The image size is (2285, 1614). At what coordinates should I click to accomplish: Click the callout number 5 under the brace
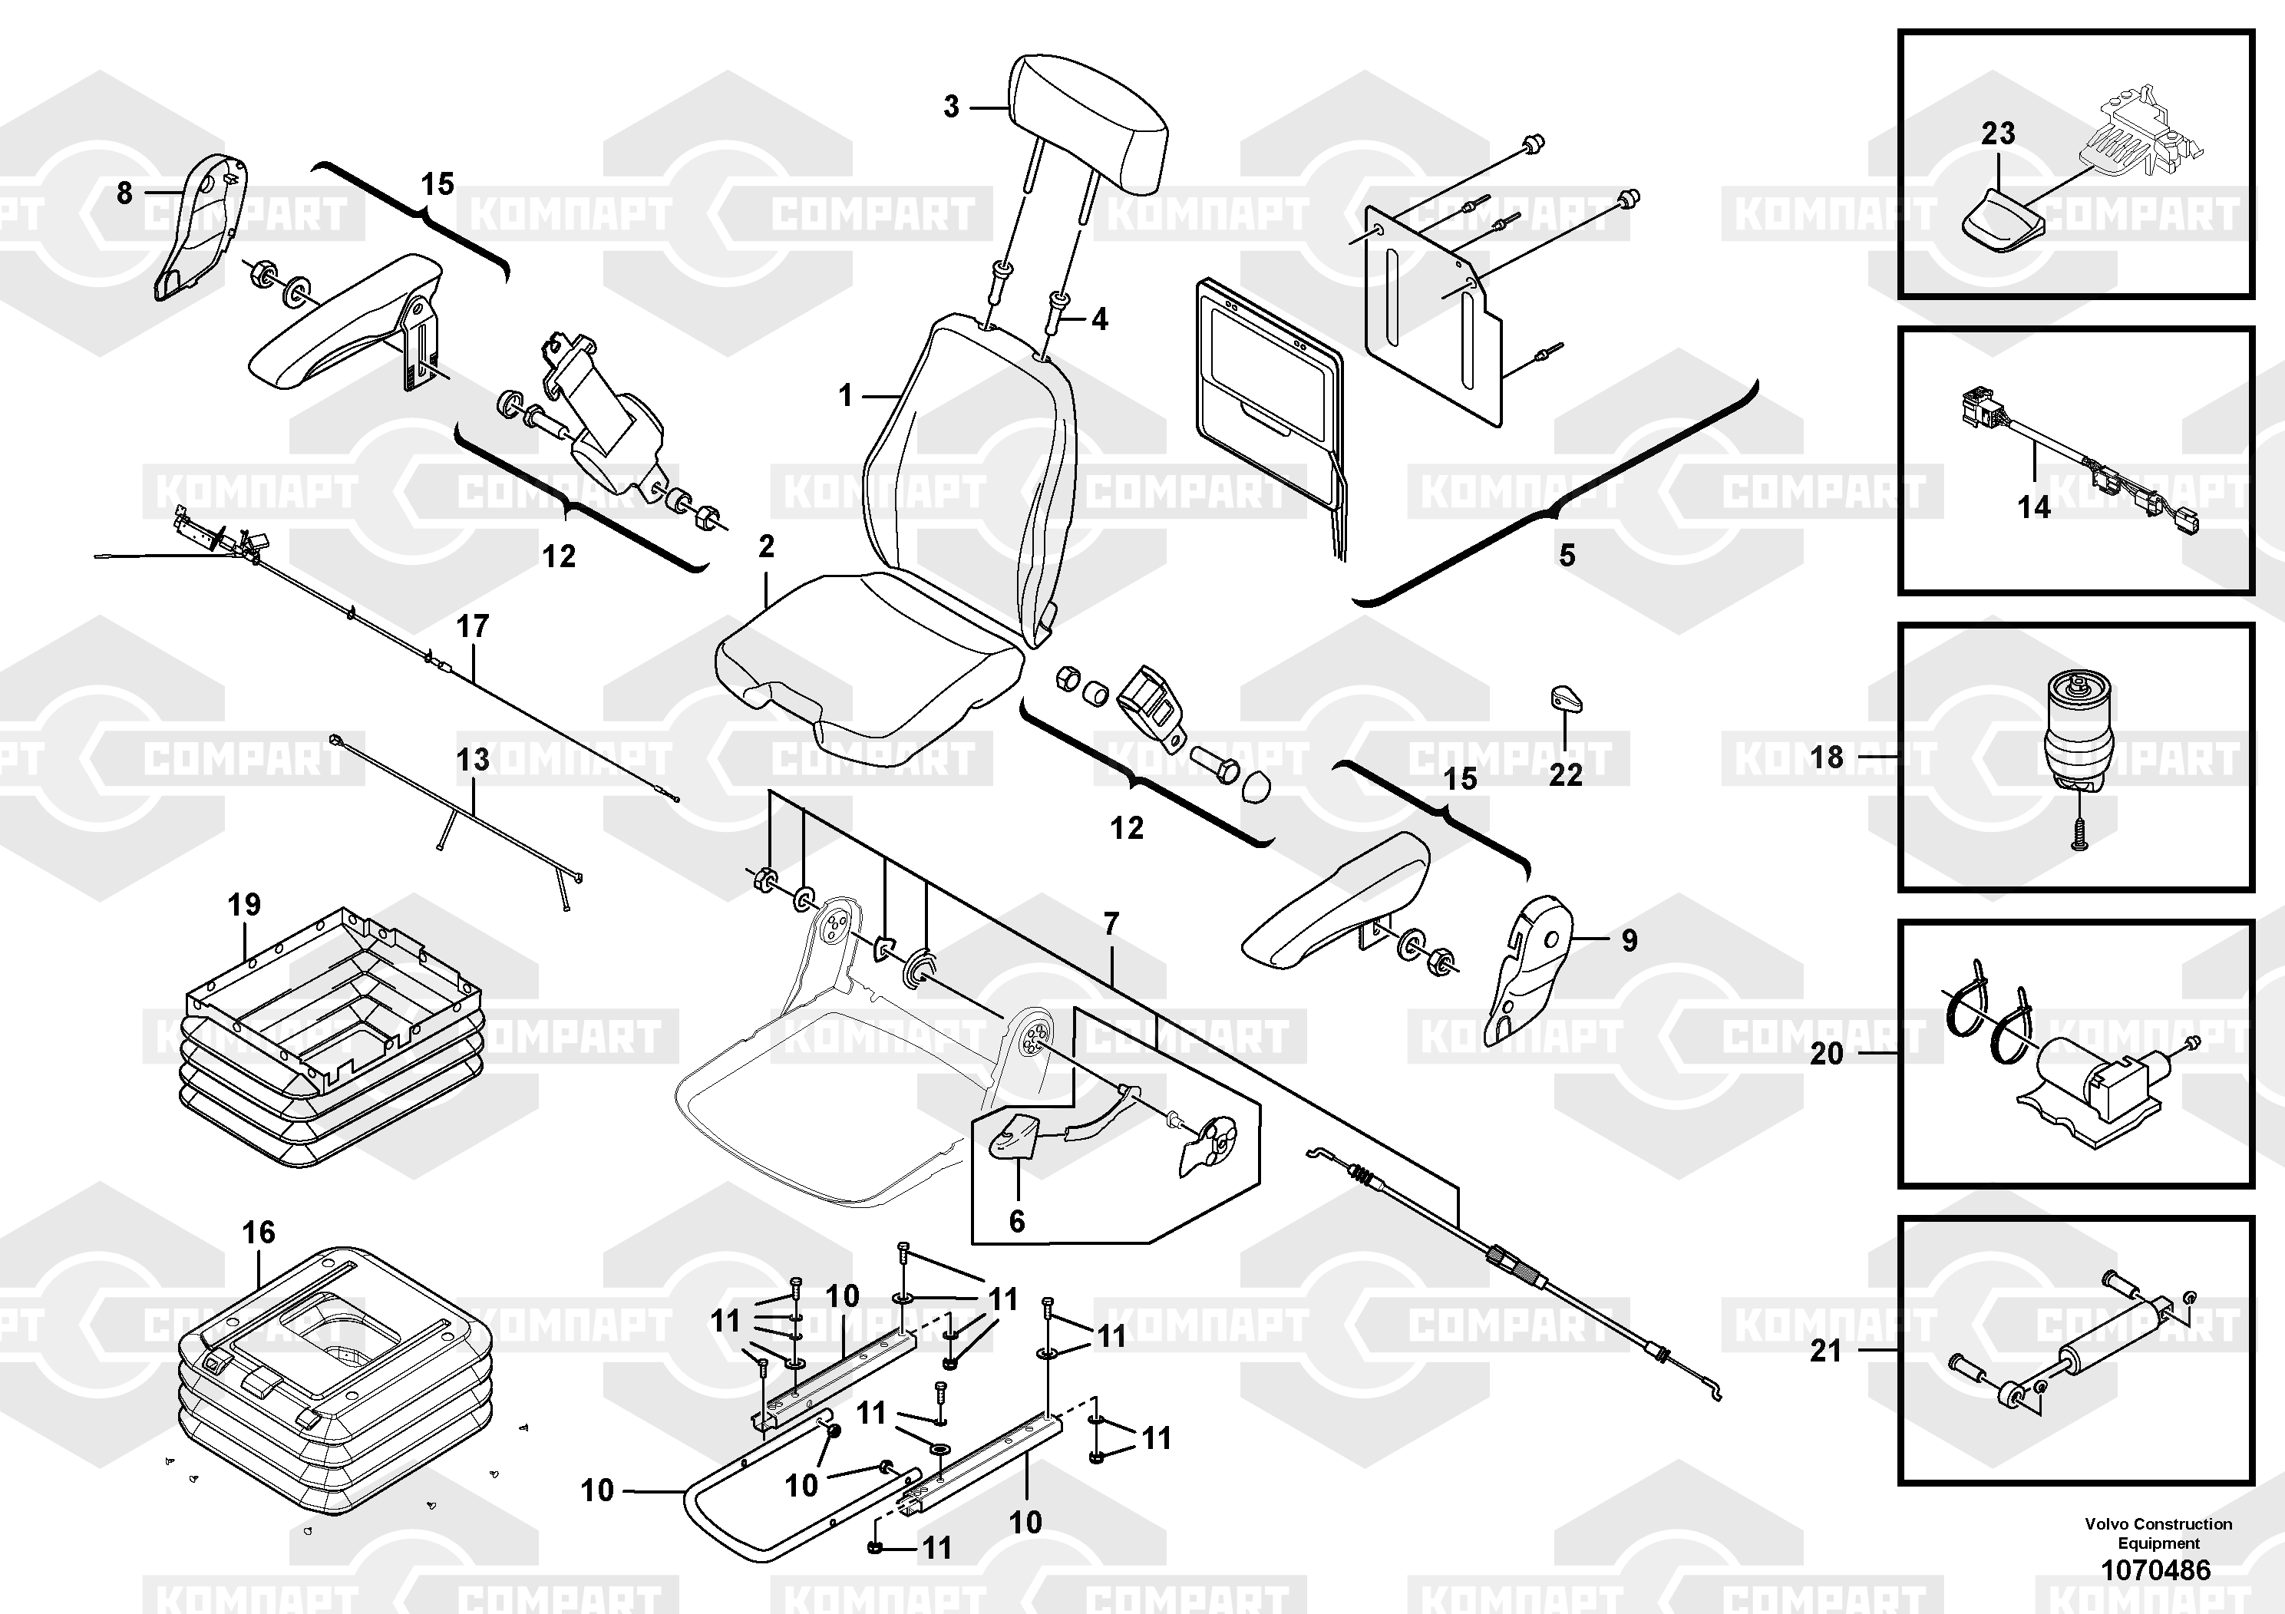tap(1567, 555)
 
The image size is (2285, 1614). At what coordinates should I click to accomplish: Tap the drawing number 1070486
tap(2155, 1570)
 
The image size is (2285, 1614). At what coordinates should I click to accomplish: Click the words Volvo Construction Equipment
tap(2158, 1533)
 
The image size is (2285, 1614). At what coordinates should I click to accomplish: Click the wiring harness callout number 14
tap(2033, 507)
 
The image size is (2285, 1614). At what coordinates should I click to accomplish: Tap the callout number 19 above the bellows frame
tap(244, 905)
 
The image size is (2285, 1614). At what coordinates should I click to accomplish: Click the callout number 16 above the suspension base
tap(259, 1232)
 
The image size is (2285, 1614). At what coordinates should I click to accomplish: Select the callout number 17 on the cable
tap(473, 626)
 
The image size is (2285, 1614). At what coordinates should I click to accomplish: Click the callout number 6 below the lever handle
tap(1016, 1221)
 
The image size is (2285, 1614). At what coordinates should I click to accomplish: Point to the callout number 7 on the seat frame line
tap(1111, 924)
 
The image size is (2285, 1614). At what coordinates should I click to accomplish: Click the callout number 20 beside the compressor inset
tap(1826, 1054)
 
